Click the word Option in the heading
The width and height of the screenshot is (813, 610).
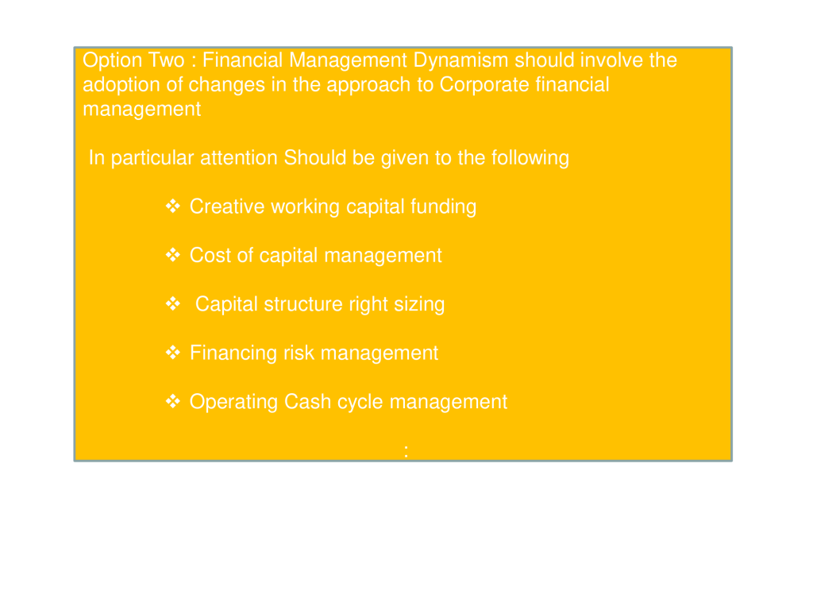(x=111, y=61)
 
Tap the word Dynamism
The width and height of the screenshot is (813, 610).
(x=460, y=61)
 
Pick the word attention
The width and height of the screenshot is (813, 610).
(x=238, y=158)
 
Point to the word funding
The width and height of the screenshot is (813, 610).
(x=443, y=207)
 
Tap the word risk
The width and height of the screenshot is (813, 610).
(x=299, y=353)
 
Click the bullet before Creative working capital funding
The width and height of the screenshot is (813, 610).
(x=172, y=207)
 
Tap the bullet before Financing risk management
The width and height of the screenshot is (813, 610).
(x=172, y=353)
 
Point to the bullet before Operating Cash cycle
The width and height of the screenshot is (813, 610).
(x=172, y=401)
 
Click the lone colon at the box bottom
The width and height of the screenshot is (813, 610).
(x=406, y=451)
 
